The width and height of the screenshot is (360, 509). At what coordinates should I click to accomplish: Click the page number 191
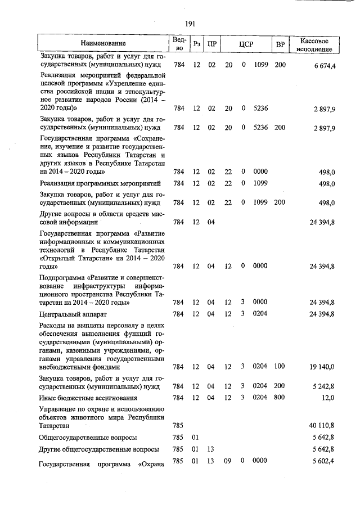tap(189, 23)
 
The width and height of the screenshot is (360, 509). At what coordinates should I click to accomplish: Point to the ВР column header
tap(280, 44)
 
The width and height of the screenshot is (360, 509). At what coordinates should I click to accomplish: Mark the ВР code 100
tap(280, 367)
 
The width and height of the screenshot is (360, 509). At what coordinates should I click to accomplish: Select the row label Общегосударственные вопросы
tap(88, 437)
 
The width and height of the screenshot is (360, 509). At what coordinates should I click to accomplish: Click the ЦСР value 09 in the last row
tap(228, 462)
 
